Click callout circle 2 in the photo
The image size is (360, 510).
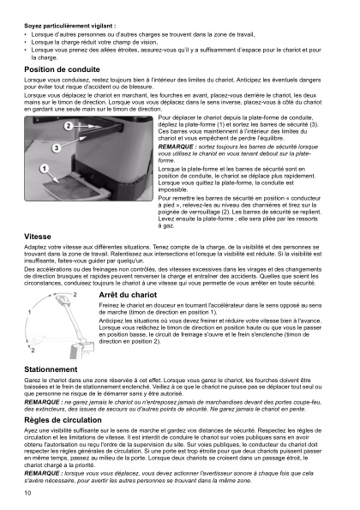click(x=68, y=126)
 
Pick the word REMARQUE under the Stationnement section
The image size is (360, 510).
click(x=43, y=402)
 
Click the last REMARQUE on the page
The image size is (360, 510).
click(x=43, y=472)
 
